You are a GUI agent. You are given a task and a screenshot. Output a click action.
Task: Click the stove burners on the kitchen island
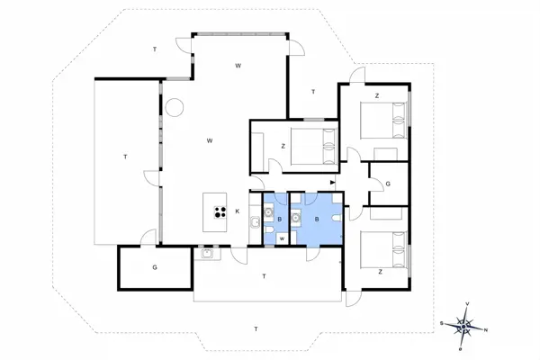coord(219,212)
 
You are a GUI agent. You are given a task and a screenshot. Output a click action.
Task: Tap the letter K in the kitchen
coord(238,211)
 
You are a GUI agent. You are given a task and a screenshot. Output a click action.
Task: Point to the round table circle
coord(174,107)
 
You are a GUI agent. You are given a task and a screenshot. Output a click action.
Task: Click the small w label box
coord(282,238)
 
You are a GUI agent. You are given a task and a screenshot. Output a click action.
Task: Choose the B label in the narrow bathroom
coord(280,219)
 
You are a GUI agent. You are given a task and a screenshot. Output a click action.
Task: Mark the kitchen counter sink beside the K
coord(255,222)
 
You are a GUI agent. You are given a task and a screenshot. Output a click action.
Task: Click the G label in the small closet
coord(387,184)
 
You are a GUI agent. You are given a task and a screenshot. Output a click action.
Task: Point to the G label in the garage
coord(155,267)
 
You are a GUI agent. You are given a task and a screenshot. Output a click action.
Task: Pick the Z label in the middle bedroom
coord(283,146)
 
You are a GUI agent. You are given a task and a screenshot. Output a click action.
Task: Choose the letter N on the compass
coord(487,328)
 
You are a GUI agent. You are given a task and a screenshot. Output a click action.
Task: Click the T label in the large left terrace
coord(125,157)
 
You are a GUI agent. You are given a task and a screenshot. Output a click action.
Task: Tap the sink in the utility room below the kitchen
coord(206,253)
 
